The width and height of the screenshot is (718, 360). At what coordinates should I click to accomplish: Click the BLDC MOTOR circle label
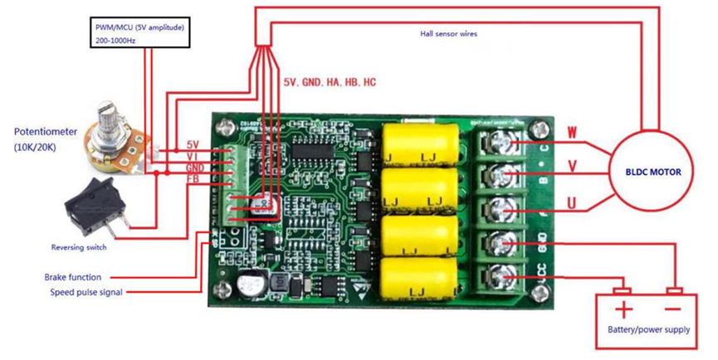tap(653, 172)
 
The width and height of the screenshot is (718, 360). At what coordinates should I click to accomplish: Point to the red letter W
tap(572, 131)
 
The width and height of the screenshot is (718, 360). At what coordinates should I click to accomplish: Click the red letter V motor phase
tap(571, 166)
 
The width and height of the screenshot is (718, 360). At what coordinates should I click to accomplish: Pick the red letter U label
tap(571, 202)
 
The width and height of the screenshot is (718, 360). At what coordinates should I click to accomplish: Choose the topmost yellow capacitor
tap(420, 143)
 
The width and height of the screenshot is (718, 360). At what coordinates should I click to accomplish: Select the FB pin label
tap(193, 178)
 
